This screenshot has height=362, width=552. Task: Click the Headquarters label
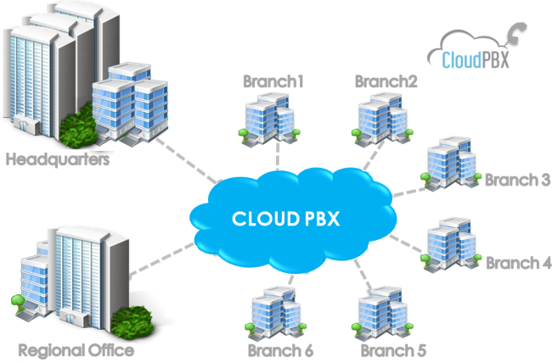[x=56, y=159]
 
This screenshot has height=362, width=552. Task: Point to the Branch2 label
[x=386, y=82]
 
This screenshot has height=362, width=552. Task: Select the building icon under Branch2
[x=381, y=120]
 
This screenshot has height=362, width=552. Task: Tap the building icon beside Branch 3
[x=450, y=161]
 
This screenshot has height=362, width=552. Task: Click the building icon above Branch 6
[x=275, y=311]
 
